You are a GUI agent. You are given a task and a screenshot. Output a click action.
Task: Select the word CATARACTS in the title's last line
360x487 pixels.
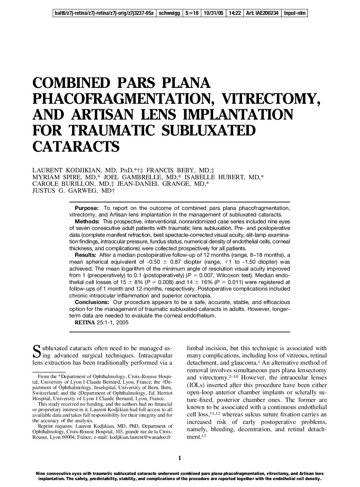point(76,146)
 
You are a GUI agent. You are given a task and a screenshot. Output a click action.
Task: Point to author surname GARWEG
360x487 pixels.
point(81,190)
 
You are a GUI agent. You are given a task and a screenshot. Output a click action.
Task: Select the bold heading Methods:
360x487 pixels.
point(87,221)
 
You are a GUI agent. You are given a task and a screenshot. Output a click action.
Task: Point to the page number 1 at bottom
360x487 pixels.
point(180,458)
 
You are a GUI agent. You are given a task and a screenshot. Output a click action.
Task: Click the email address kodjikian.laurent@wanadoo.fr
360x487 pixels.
point(140,437)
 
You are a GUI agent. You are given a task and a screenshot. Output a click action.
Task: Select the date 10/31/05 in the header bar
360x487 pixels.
point(213,13)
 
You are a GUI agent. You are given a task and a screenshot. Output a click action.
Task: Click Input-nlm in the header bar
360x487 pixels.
point(294,13)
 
